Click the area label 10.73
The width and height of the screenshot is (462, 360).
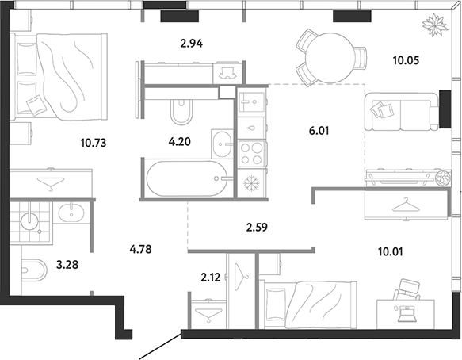93,143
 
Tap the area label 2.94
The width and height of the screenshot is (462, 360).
192,44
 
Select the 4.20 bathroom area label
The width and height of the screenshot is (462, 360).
179,142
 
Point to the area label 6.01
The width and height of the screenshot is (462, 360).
319,130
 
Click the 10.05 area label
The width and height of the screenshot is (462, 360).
406,60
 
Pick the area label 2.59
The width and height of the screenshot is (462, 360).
257,228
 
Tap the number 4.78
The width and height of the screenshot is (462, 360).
140,250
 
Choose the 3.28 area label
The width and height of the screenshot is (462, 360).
67,265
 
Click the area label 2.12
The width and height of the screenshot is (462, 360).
211,278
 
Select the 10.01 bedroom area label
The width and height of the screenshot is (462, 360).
391,252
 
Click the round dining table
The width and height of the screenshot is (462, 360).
330,58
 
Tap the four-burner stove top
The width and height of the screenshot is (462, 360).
251,153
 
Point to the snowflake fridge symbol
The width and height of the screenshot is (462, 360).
252,184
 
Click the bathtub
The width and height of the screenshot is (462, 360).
187,178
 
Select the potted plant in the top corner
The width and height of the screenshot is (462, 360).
435,25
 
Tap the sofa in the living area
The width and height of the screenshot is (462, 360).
402,112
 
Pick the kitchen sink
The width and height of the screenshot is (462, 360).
251,102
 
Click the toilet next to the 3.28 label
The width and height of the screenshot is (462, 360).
34,270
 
